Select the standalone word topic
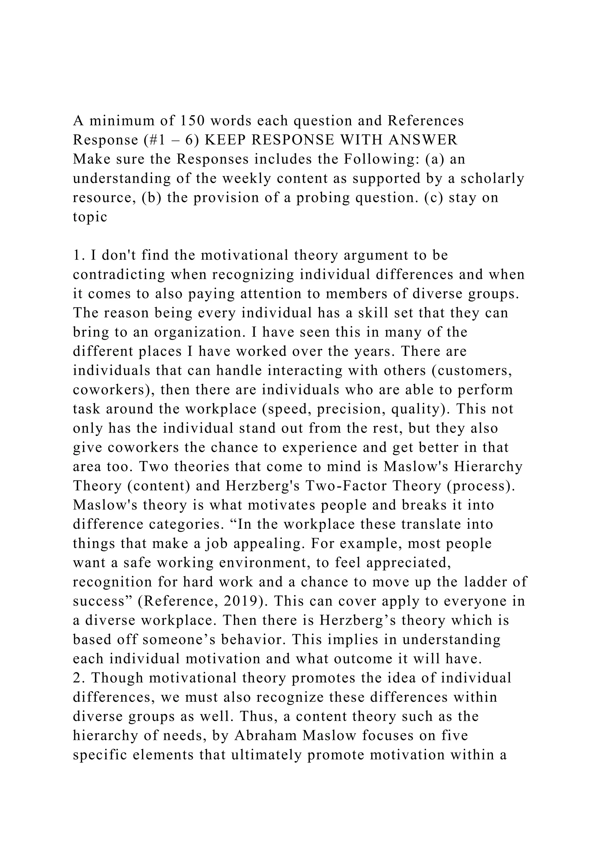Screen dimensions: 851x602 (90, 217)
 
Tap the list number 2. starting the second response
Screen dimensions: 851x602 (78, 678)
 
